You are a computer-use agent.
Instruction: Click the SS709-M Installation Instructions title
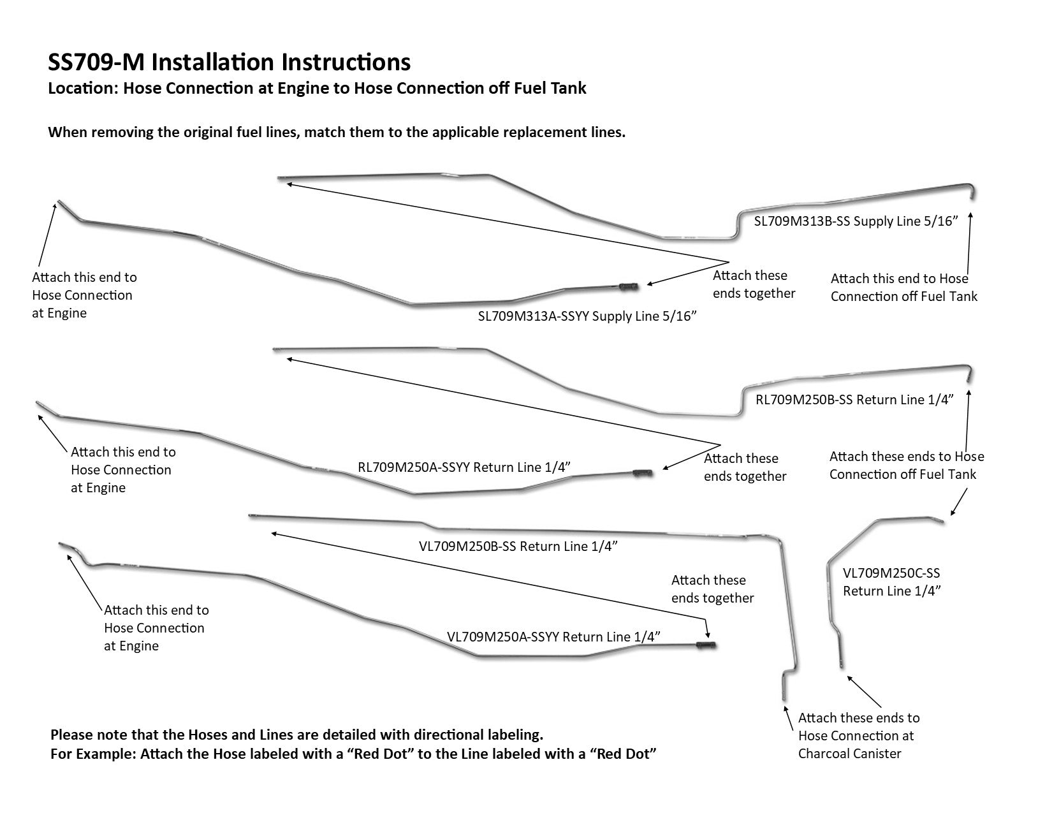[x=230, y=62]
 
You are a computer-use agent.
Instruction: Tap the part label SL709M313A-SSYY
[x=533, y=316]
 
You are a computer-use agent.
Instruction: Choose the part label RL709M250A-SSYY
[x=414, y=467]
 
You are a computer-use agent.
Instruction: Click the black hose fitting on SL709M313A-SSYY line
[x=629, y=287]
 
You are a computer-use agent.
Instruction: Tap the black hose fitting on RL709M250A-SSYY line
[x=642, y=473]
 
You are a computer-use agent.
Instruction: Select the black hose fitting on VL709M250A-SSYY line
[x=706, y=646]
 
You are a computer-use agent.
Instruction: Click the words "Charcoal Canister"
[x=850, y=754]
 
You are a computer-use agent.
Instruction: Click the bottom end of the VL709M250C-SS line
[x=842, y=664]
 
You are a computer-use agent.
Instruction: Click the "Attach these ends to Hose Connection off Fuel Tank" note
[x=906, y=465]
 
